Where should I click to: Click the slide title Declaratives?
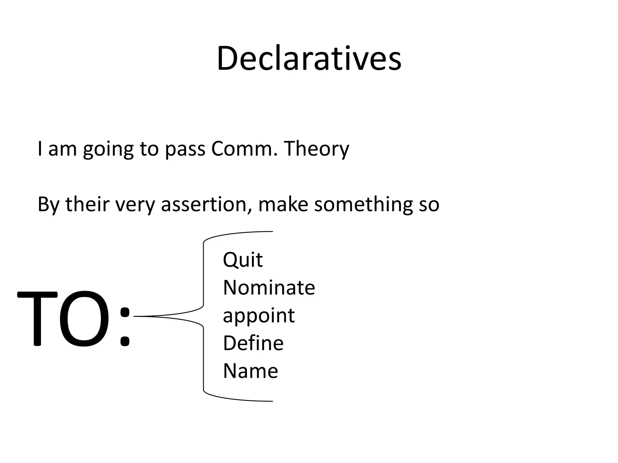pos(309,58)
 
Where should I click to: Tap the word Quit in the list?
pos(243,260)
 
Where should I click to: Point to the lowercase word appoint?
pos(259,316)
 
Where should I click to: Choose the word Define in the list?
pos(253,343)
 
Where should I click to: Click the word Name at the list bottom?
pos(250,371)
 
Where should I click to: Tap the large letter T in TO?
pos(37,319)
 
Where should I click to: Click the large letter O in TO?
pos(84,319)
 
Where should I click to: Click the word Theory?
pos(316,149)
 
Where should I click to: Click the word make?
pos(283,204)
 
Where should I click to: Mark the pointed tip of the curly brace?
pos(135,316)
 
